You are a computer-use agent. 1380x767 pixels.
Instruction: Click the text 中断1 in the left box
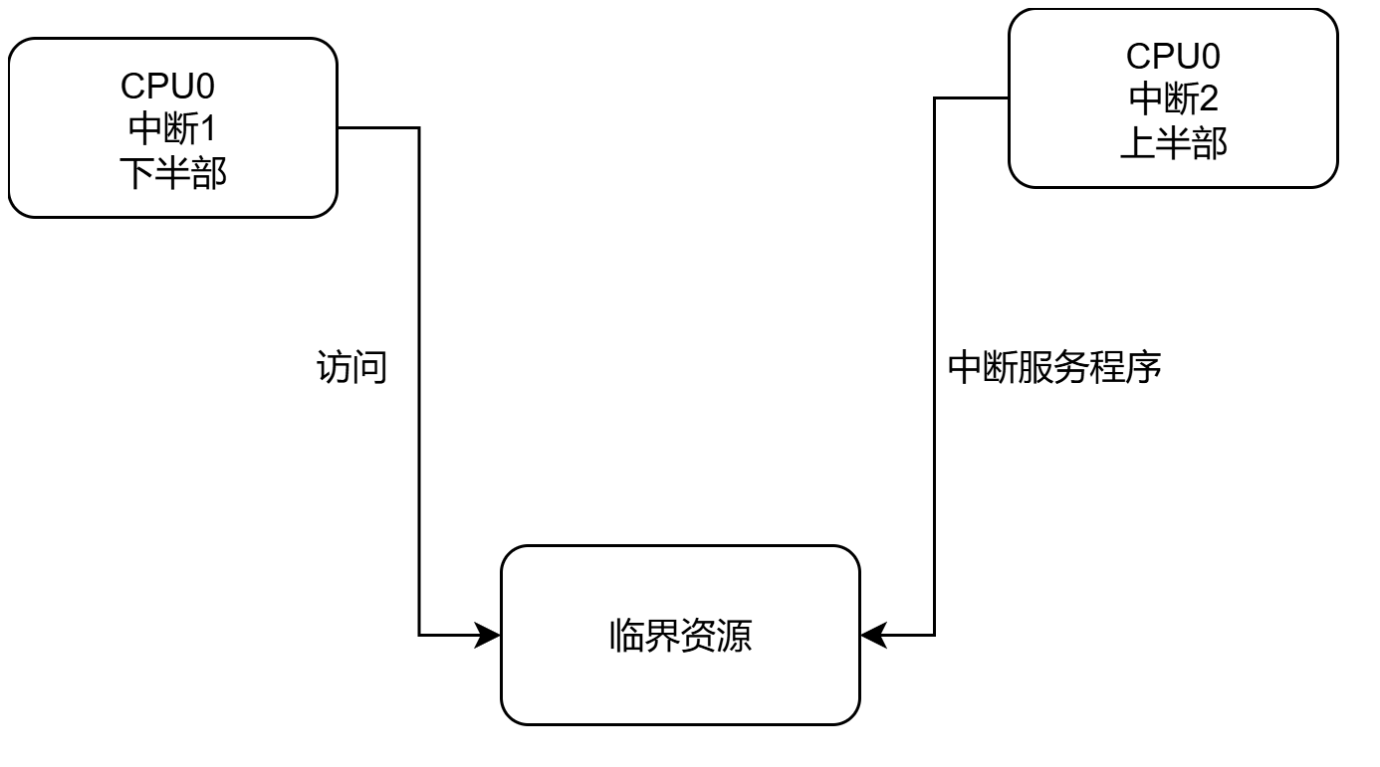tap(172, 129)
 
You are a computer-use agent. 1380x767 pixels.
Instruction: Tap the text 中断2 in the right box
tap(1174, 98)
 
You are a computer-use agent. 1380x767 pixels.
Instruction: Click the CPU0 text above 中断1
tap(172, 87)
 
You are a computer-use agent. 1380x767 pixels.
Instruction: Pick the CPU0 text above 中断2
tap(1174, 55)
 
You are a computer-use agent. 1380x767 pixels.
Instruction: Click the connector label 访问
tap(350, 369)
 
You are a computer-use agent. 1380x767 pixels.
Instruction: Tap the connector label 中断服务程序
tap(1054, 369)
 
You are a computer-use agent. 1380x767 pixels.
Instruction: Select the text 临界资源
tap(680, 635)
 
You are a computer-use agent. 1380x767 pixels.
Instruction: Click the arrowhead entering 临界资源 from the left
tap(489, 635)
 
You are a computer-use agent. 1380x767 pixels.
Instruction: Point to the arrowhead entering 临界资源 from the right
tap(873, 635)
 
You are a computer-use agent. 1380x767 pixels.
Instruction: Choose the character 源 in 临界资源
tap(734, 635)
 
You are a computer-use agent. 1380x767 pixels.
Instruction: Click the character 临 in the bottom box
tap(626, 635)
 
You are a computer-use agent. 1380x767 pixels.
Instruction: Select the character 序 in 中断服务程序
tap(1144, 369)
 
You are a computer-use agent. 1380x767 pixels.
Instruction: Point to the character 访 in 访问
tap(333, 369)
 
